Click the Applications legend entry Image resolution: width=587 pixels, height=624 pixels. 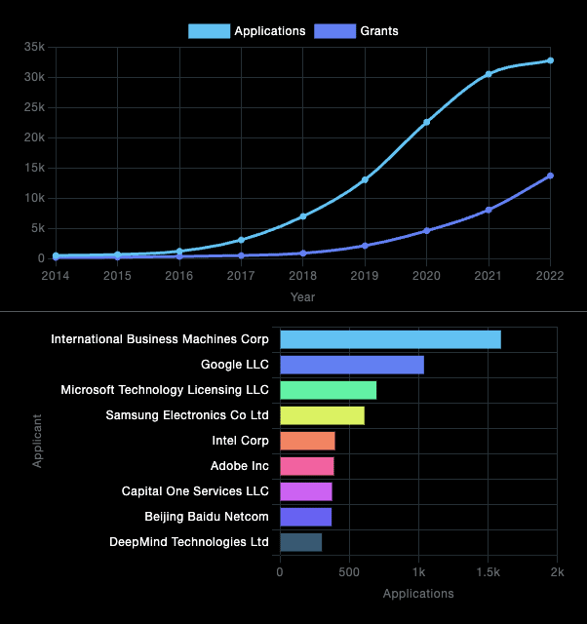coord(248,31)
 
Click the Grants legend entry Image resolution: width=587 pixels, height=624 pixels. coord(356,31)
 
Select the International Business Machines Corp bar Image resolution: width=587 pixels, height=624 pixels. coord(390,339)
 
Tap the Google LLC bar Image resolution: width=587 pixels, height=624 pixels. coord(352,365)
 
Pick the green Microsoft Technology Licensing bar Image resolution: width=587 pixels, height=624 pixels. coord(328,390)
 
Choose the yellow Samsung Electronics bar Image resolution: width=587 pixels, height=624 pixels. coord(322,415)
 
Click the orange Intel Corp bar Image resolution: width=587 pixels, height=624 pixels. coord(307,441)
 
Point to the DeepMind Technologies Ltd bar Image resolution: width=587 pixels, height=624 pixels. coord(300,542)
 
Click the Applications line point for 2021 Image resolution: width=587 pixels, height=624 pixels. coord(489,74)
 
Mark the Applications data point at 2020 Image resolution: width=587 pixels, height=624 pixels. coord(426,122)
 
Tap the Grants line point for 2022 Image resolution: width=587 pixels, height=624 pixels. coord(550,175)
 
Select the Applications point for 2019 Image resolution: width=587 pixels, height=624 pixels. coord(365,179)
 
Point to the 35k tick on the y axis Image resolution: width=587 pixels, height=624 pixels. coord(34,47)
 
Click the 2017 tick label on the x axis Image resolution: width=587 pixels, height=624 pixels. coord(241,276)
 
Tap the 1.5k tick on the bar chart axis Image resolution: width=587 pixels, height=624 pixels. coord(488,572)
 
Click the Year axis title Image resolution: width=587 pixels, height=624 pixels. coord(302,296)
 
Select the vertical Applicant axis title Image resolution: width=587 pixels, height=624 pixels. coord(38,441)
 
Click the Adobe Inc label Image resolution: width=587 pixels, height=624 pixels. coord(239,466)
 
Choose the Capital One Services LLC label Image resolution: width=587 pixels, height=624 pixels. coord(195,491)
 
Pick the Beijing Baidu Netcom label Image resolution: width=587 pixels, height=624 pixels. coord(207,517)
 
